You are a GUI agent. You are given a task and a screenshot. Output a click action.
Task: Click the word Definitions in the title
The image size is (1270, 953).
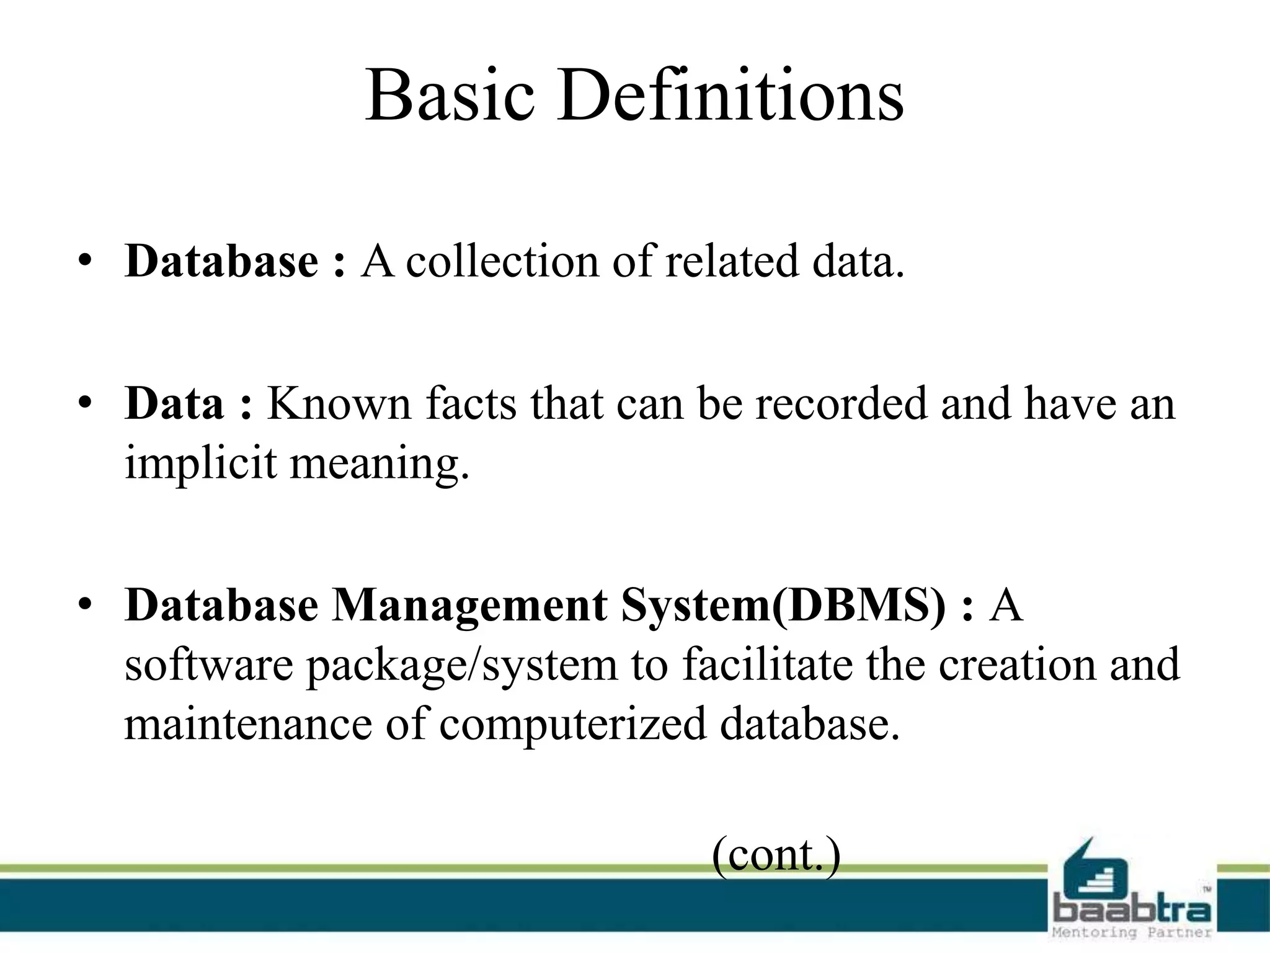(x=730, y=96)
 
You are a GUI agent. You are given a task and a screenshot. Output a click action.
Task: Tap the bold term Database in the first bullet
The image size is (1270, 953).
(x=221, y=261)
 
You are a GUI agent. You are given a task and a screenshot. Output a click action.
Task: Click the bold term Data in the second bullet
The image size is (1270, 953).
(x=174, y=403)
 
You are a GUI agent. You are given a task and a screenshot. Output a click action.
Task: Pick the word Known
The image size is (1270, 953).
(x=339, y=403)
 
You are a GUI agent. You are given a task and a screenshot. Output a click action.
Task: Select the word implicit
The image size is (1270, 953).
(x=200, y=463)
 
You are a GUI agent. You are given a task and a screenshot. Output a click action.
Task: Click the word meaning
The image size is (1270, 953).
(x=380, y=464)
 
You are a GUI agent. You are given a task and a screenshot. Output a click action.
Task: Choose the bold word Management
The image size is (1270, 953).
(x=469, y=605)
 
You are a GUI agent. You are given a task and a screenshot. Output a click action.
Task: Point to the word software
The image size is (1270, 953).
(x=208, y=664)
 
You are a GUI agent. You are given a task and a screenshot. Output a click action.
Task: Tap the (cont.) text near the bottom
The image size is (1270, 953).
(x=776, y=856)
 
